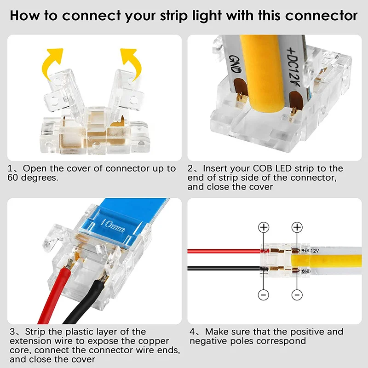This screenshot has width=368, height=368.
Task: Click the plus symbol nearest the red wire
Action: [x=264, y=227]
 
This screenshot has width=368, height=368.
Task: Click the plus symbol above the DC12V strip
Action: [x=297, y=227]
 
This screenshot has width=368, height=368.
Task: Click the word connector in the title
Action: [x=321, y=16]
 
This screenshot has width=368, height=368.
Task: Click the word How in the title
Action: [x=23, y=16]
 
